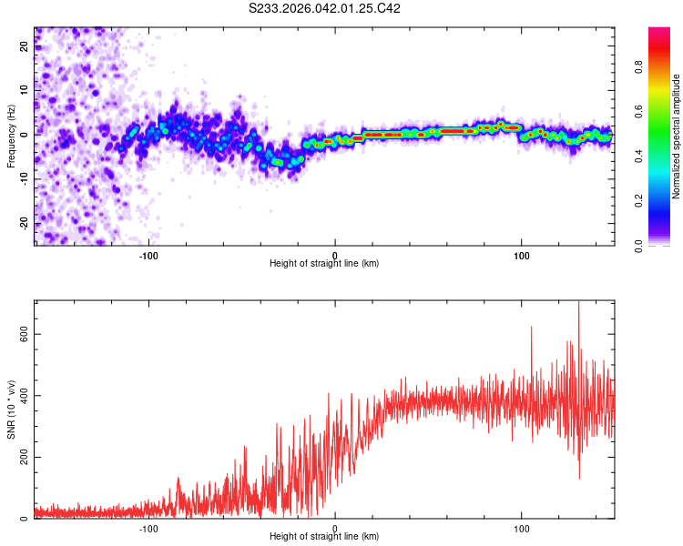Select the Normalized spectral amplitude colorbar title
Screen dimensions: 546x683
(x=677, y=136)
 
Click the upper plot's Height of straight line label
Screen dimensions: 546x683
(x=324, y=264)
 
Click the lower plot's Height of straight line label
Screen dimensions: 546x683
(x=324, y=537)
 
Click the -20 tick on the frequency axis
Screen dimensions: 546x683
(x=23, y=223)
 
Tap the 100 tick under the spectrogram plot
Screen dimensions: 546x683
(x=522, y=254)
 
